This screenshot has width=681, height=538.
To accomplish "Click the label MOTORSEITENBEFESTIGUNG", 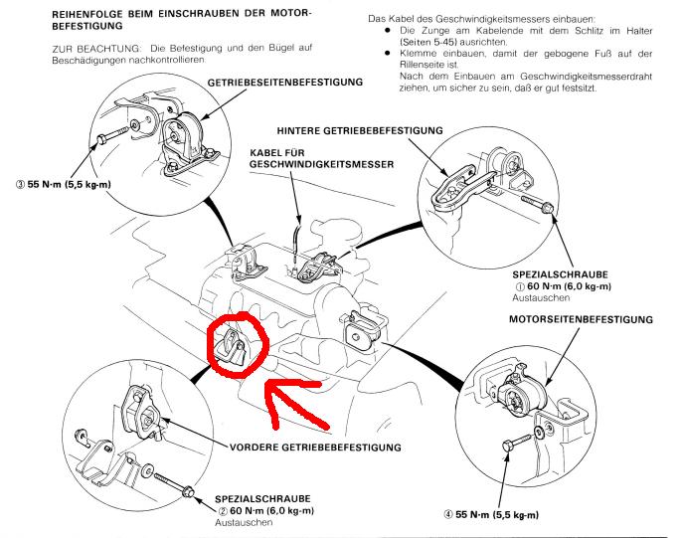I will point(581,321).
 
